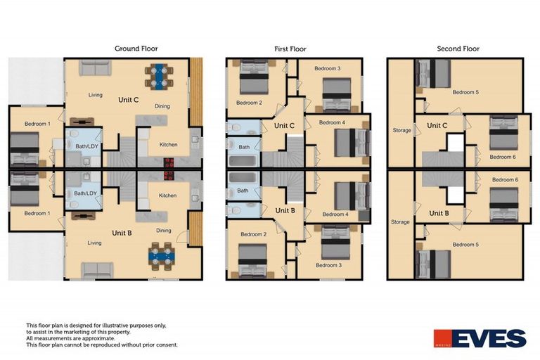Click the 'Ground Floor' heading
tap(136, 49)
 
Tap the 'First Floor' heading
tap(290, 49)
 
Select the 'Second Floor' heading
tap(458, 49)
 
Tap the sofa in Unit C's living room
tap(94, 67)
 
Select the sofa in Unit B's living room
tap(98, 269)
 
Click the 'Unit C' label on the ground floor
tap(130, 101)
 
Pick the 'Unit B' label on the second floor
tap(438, 213)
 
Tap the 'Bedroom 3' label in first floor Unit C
tap(328, 68)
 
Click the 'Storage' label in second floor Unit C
tap(401, 130)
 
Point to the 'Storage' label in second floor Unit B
tap(400, 222)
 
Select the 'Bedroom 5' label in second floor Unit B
tap(465, 245)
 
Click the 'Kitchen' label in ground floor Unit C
tap(169, 145)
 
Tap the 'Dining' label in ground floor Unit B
tap(164, 231)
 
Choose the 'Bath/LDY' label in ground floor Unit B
tap(84, 193)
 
